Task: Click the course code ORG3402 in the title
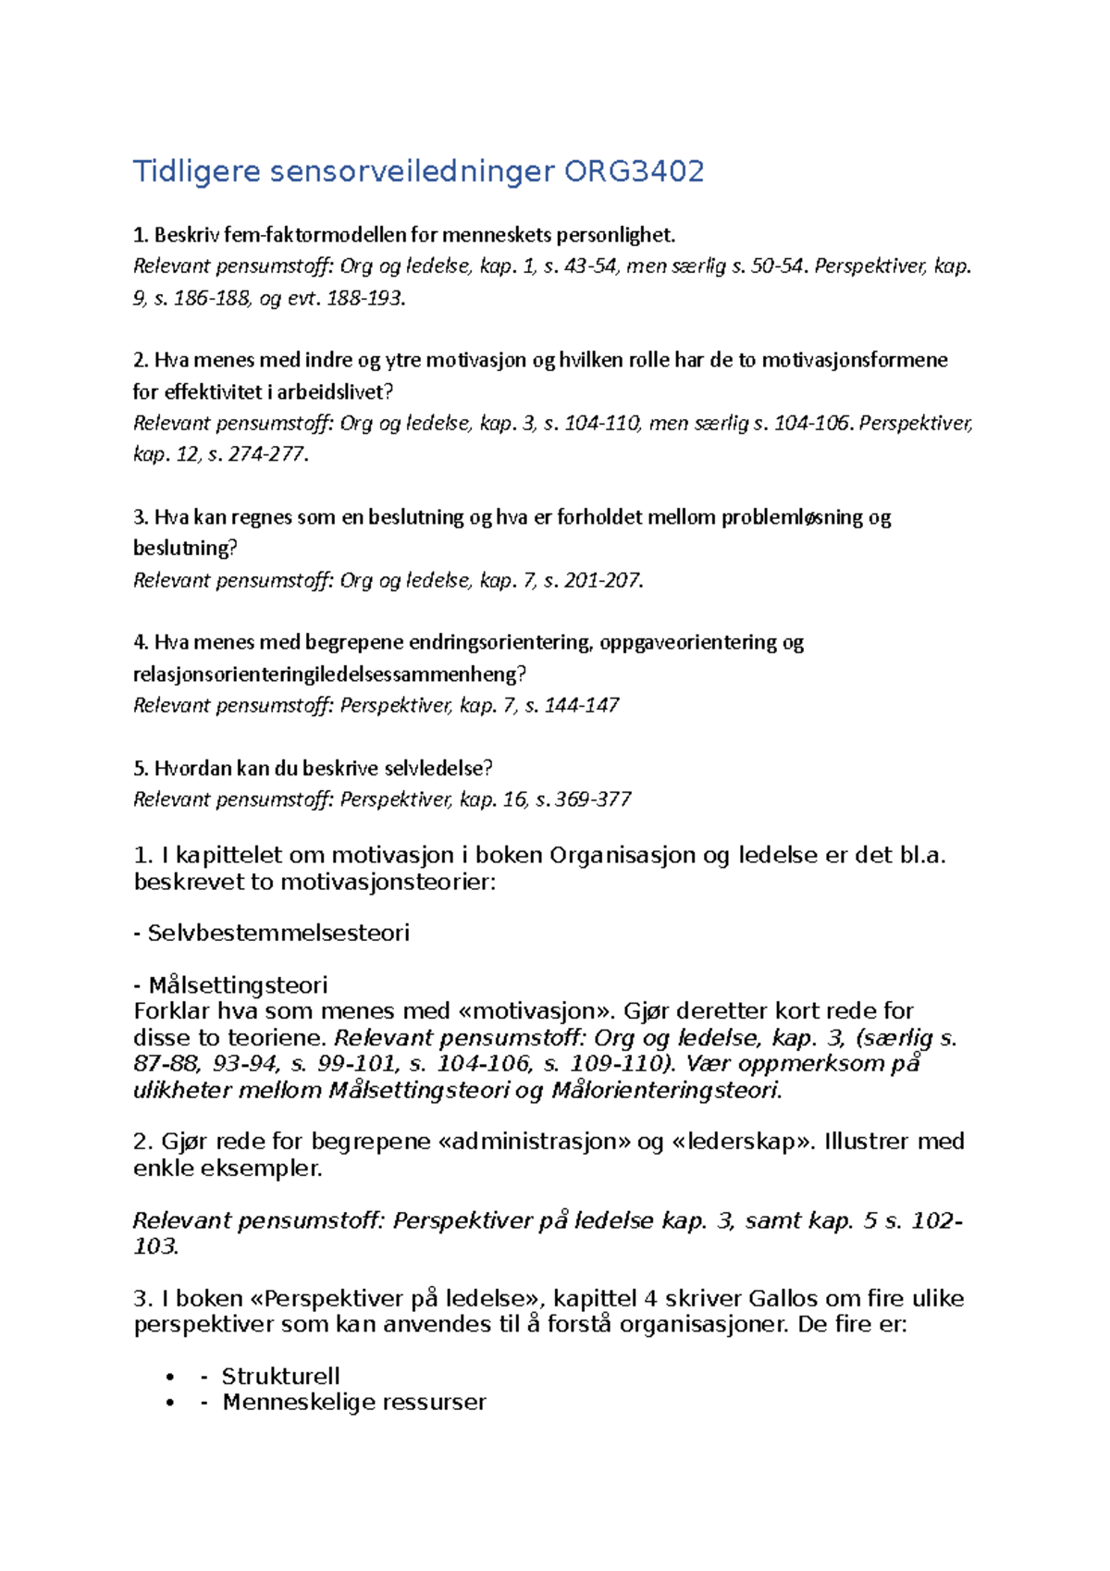point(635,172)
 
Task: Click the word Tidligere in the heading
point(196,172)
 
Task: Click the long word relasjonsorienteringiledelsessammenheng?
point(330,674)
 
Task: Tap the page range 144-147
point(582,705)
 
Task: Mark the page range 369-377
point(593,799)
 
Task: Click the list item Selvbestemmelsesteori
point(277,933)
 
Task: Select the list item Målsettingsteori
point(238,984)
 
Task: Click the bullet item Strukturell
point(280,1376)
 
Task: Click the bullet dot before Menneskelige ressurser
point(169,1403)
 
